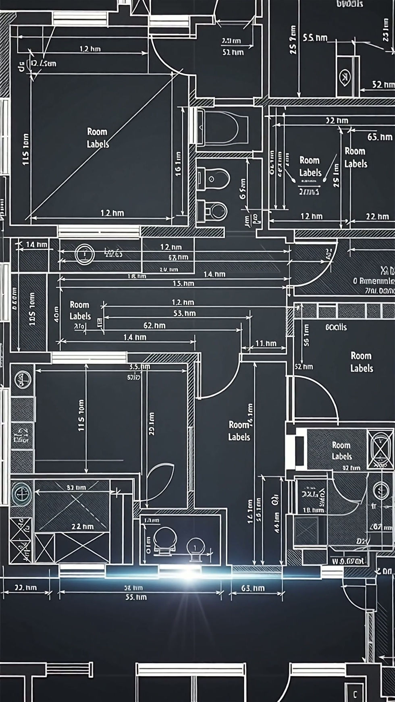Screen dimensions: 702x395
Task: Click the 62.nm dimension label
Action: (x=154, y=325)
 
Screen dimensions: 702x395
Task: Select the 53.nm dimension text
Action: (x=185, y=313)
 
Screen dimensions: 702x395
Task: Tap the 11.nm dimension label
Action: (x=266, y=343)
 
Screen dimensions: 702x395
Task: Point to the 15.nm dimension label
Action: (x=183, y=283)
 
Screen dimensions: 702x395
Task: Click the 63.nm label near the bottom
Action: (x=253, y=588)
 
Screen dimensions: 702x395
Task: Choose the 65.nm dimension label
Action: (x=379, y=137)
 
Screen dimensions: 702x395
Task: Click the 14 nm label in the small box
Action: (x=36, y=244)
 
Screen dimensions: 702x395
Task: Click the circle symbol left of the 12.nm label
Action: (x=85, y=254)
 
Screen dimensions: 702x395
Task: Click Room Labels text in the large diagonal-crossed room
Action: (x=98, y=138)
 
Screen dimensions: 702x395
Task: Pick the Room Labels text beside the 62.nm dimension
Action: (x=80, y=310)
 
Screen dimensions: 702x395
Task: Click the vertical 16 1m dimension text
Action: (x=178, y=164)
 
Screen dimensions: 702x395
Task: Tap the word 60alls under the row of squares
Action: (x=336, y=327)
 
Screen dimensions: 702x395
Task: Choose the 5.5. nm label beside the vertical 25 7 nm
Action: (x=315, y=38)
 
